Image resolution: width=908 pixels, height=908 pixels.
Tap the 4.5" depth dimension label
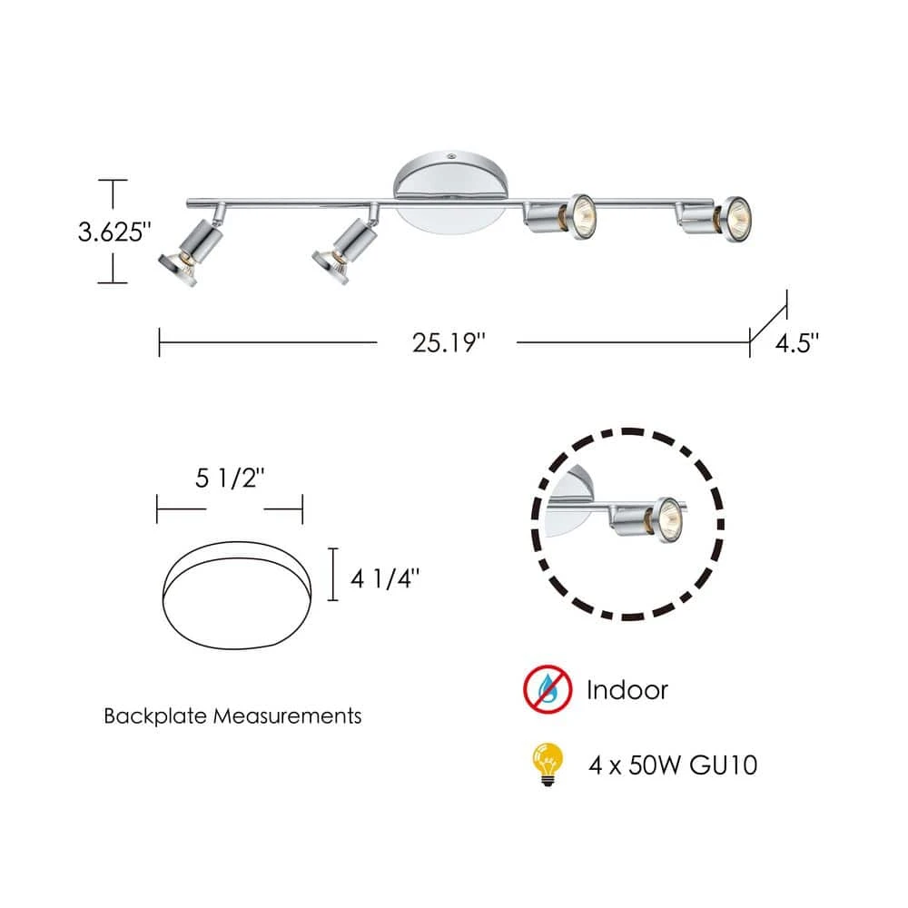[x=798, y=343]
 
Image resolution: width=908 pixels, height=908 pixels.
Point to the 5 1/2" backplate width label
[x=231, y=480]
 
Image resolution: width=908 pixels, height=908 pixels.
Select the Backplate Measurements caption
[x=232, y=716]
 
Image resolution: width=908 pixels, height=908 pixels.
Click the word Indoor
[x=627, y=689]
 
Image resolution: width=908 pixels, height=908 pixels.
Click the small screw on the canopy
[x=451, y=155]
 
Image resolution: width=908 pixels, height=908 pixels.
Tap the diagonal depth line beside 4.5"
[x=768, y=317]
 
